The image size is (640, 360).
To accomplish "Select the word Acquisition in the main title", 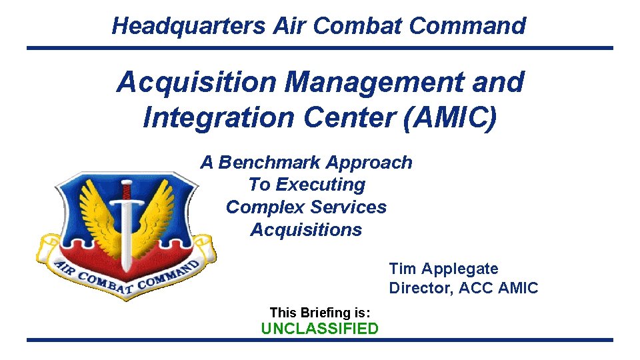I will click(196, 83).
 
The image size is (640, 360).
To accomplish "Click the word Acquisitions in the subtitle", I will click(306, 230).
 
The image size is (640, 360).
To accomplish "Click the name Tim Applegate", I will click(443, 269).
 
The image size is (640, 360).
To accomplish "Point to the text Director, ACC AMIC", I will click(463, 289).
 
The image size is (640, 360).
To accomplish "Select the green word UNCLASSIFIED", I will click(319, 329).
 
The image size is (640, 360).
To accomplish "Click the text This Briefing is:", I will click(319, 312).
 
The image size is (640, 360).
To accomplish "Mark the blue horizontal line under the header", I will click(319, 48).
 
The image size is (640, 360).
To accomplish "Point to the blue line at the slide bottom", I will click(319, 341).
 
